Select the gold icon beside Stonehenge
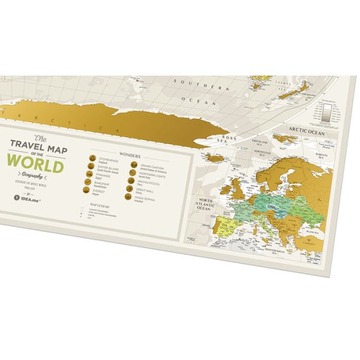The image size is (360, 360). point(92,160)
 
